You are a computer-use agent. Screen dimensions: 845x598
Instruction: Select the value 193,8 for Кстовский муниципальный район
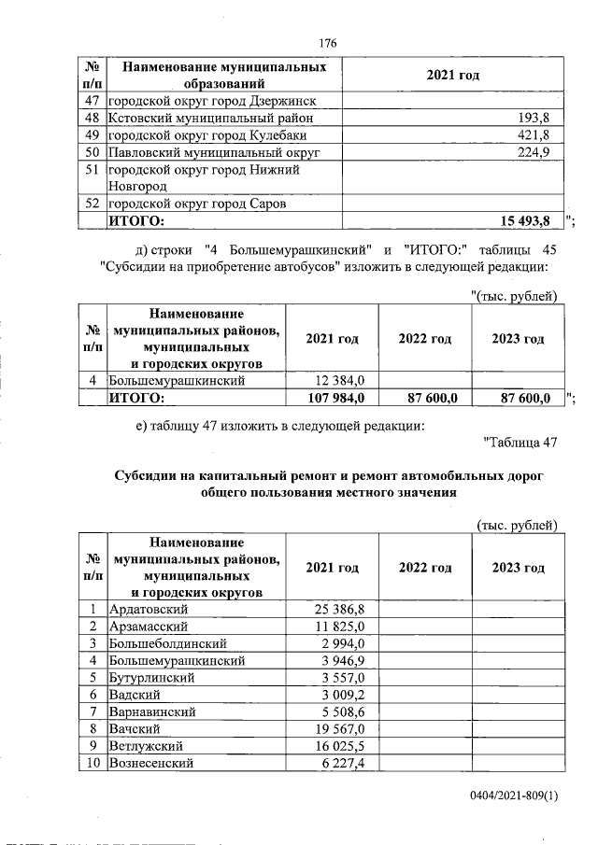(x=534, y=119)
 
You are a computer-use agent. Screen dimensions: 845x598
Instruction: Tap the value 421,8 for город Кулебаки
(x=534, y=135)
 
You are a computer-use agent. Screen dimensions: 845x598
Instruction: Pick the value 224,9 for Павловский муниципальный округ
(x=534, y=152)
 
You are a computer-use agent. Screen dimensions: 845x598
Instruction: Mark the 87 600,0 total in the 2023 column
(x=523, y=398)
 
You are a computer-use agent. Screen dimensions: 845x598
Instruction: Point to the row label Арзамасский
(x=149, y=627)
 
